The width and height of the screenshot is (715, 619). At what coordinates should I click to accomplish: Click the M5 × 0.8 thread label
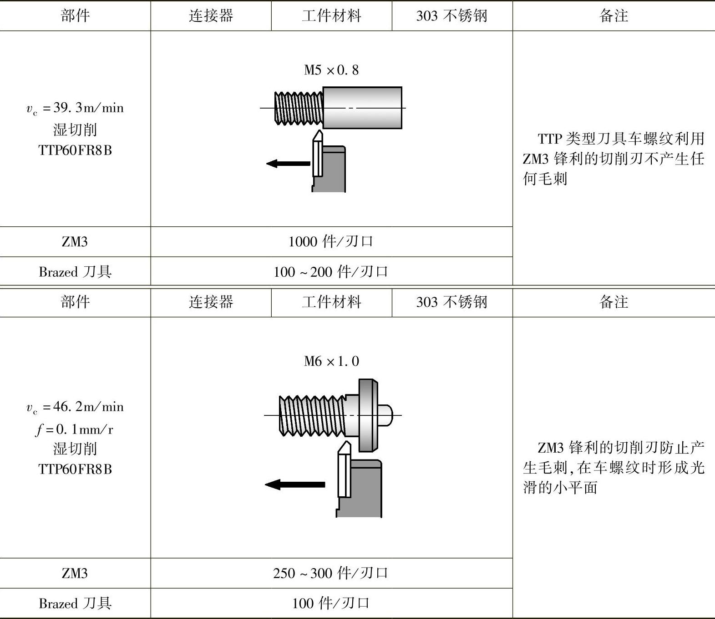[x=331, y=70]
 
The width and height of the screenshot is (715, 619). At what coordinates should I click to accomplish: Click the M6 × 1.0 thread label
[x=331, y=361]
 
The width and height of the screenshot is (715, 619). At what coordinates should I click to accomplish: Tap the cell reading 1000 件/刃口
[x=331, y=241]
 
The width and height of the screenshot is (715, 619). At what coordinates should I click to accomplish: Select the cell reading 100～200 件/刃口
[x=331, y=272]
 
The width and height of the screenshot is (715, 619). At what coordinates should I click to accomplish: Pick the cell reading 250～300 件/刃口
[x=331, y=573]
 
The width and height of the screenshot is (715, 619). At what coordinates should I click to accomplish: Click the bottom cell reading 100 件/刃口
[x=331, y=603]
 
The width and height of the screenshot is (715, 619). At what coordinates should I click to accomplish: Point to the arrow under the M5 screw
[x=288, y=163]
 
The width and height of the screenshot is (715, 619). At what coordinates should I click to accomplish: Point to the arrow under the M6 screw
[x=294, y=484]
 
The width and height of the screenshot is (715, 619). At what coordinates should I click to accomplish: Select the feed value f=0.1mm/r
[x=75, y=429]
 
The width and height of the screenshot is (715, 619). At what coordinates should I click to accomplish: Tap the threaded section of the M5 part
[x=299, y=108]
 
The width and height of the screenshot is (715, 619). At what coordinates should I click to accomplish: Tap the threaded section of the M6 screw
[x=312, y=415]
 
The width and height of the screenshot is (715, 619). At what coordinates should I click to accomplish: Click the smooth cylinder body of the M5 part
[x=362, y=108]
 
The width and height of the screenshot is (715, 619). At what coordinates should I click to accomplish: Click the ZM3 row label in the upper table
[x=75, y=241]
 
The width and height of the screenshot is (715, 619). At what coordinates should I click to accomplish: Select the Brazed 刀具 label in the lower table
[x=75, y=603]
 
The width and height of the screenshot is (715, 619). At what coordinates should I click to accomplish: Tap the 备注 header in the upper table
[x=614, y=16]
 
